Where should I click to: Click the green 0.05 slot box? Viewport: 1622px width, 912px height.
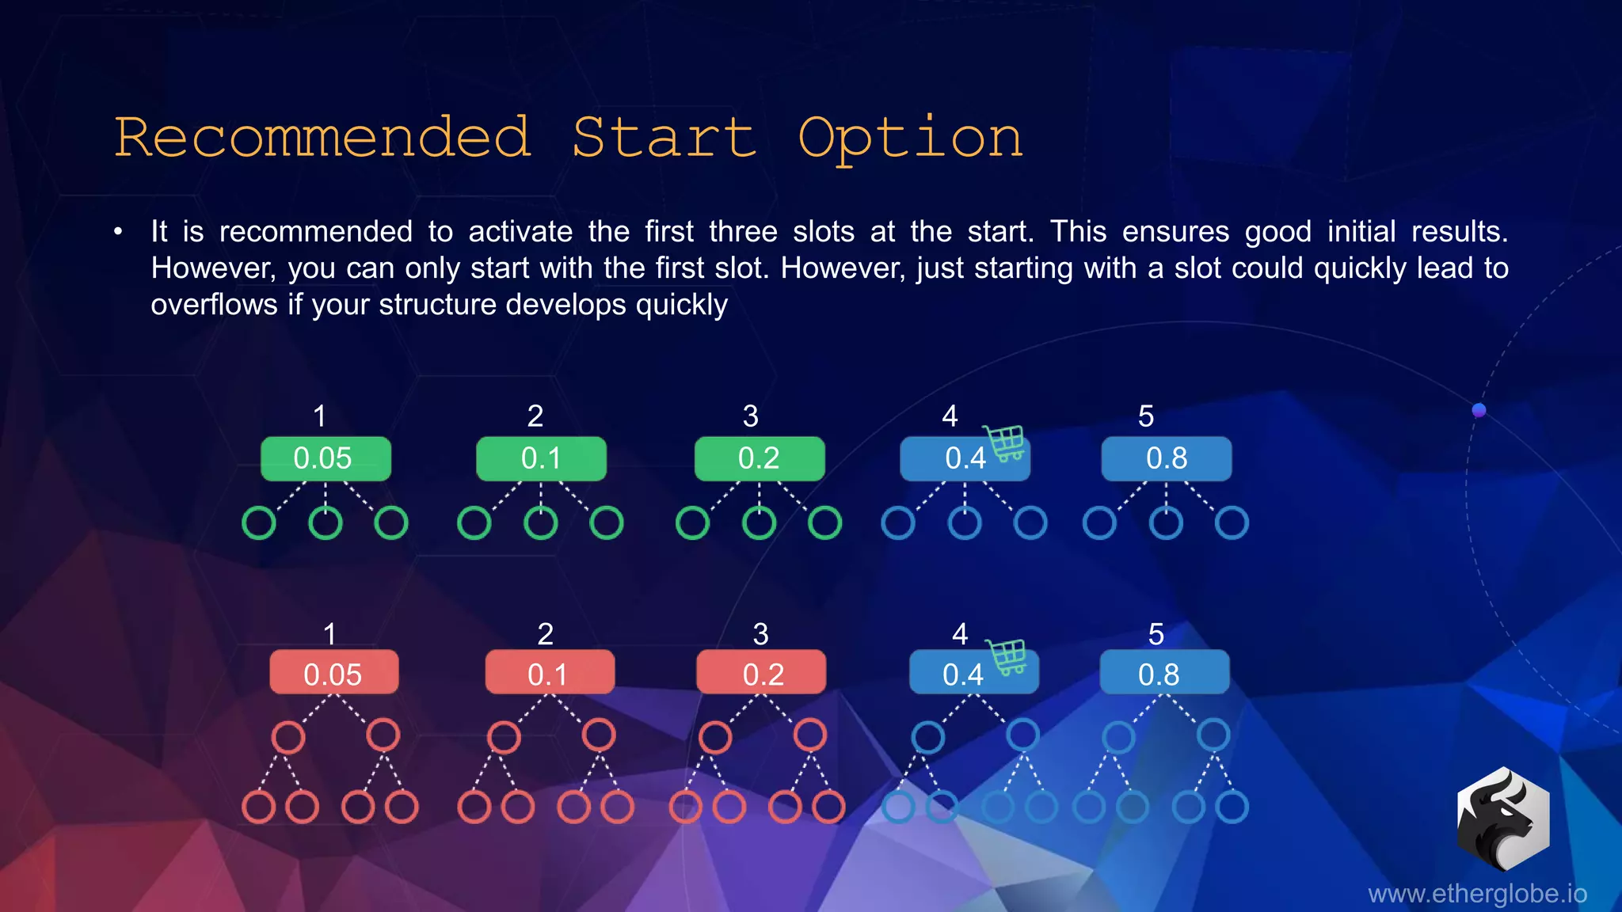point(326,458)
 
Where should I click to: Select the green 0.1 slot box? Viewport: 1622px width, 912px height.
point(541,458)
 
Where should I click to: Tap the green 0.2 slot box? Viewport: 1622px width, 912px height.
point(759,458)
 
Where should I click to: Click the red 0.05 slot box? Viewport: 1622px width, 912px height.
point(333,673)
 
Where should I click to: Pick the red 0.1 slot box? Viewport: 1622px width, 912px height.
point(549,673)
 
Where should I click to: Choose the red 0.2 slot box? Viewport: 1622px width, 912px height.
point(760,673)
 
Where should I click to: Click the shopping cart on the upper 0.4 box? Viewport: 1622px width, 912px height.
point(1005,443)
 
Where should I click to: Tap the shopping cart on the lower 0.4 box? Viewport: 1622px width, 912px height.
point(1007,656)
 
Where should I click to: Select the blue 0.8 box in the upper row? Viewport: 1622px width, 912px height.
point(1166,458)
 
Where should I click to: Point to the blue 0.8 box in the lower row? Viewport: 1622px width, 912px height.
point(1163,673)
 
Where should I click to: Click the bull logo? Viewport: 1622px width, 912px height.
point(1502,819)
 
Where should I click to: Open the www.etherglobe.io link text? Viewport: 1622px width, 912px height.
point(1477,894)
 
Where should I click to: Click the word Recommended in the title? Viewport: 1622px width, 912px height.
point(322,138)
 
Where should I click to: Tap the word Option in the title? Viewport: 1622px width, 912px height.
point(910,139)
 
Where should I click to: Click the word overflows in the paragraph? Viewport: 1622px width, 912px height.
point(214,305)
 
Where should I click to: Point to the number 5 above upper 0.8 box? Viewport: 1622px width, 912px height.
point(1145,416)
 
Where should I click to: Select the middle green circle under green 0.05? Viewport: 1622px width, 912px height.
point(325,522)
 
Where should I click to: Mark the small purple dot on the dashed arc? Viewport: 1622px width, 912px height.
point(1479,410)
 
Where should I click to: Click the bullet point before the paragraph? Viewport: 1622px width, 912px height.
point(118,232)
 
